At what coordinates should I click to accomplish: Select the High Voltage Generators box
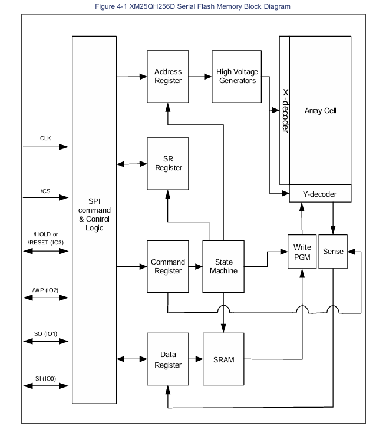236,76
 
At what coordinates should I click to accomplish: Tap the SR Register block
168,163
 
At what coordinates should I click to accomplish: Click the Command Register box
168,266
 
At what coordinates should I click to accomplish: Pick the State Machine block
223,266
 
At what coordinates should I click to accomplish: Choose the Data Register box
168,360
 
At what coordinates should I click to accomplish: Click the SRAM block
223,360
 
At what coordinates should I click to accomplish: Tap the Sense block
332,252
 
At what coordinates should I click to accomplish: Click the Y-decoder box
321,193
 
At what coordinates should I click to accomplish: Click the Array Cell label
320,110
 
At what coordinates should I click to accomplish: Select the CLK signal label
45,138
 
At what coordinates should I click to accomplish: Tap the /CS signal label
45,190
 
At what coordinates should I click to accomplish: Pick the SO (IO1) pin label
46,333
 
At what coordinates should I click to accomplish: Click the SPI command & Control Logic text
94,214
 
